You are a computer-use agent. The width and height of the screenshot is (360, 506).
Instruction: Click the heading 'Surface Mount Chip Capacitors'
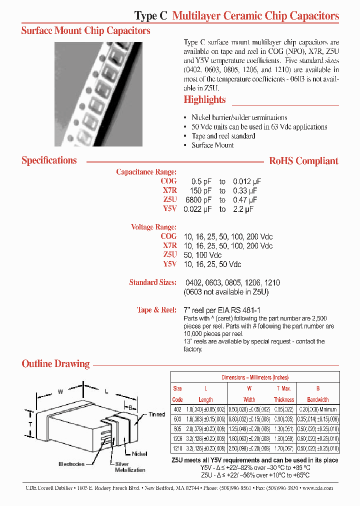coord(85,30)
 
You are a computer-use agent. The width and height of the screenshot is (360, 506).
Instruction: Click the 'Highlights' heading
coord(204,99)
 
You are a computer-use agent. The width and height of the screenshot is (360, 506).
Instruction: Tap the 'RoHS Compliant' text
coord(303,161)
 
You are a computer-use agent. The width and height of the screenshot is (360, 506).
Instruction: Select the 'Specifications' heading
coord(49,160)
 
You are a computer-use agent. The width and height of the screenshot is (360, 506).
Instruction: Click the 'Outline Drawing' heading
coord(55,363)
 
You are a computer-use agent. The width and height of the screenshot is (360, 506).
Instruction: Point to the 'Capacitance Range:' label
coord(146,172)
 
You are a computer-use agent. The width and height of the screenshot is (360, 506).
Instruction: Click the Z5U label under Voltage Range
coord(169,254)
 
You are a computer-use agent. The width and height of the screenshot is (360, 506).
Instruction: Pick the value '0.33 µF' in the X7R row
coord(245,190)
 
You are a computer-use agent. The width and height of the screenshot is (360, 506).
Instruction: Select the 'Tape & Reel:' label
coord(156,310)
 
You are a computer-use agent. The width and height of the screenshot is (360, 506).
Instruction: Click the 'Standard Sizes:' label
coord(152,282)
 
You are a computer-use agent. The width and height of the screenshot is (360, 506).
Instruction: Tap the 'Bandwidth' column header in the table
coord(317,399)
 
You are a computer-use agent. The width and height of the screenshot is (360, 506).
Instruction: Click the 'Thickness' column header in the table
coord(283,399)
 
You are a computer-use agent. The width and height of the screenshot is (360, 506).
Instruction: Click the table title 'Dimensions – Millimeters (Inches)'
coord(255,377)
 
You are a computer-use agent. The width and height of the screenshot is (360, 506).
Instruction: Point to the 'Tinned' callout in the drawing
coord(156,414)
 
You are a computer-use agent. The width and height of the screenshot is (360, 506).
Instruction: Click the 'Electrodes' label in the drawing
coord(71,464)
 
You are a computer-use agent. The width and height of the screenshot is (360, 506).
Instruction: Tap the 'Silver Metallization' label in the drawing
coord(130,467)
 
